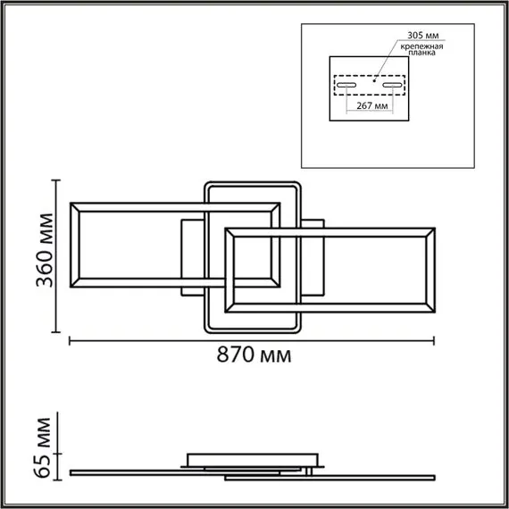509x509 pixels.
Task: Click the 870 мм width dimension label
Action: click(x=254, y=356)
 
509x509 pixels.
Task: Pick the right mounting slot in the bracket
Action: click(x=394, y=86)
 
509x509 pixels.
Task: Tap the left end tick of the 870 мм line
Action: click(x=70, y=340)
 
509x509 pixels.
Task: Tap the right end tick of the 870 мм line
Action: click(x=435, y=340)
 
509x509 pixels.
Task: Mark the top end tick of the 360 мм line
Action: click(x=56, y=179)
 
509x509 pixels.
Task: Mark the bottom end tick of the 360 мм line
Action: click(x=56, y=332)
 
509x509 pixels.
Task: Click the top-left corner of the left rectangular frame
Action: click(x=71, y=202)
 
